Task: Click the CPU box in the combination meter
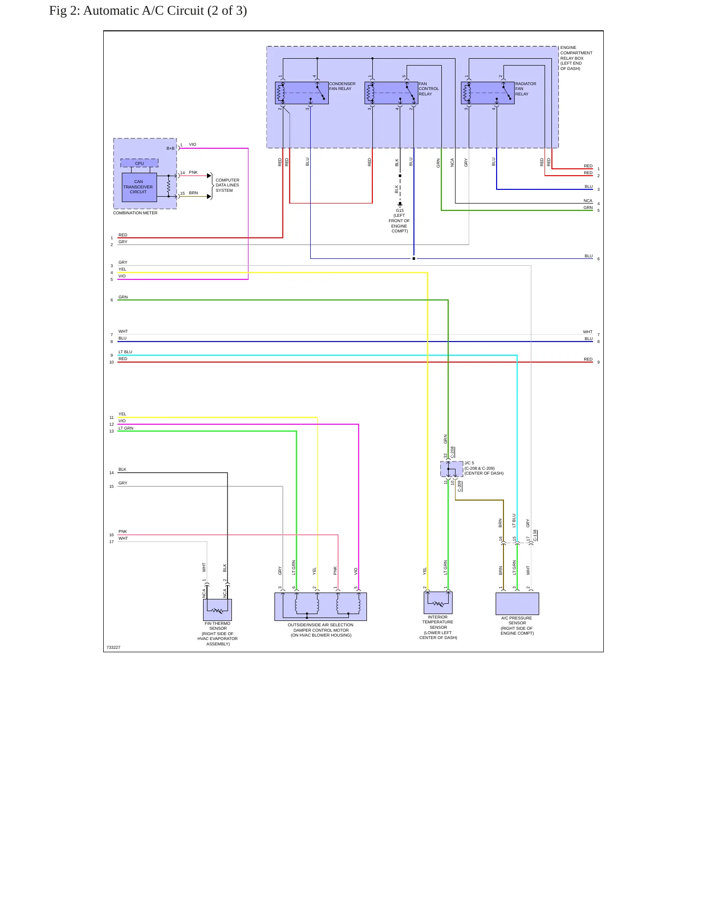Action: coord(139,163)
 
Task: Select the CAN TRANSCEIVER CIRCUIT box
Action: coord(139,187)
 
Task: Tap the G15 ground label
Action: coord(400,210)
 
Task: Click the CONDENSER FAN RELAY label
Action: coord(342,86)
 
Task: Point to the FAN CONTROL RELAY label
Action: coord(429,89)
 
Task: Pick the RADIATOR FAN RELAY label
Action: coord(525,89)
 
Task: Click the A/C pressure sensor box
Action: coord(517,604)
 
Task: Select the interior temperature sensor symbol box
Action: coord(438,602)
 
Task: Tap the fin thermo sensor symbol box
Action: coord(217,610)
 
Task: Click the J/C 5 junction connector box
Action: coord(452,469)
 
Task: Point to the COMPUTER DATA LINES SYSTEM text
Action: coord(228,185)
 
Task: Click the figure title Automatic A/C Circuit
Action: coord(148,11)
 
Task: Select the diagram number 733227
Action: coord(114,647)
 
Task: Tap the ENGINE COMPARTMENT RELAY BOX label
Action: coord(576,58)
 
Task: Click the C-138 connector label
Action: coord(535,535)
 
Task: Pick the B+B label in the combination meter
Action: coord(170,148)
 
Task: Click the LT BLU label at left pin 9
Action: coord(125,352)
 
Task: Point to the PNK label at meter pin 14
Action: coord(193,172)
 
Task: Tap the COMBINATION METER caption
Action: coord(135,213)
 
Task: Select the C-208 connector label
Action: coord(453,452)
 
